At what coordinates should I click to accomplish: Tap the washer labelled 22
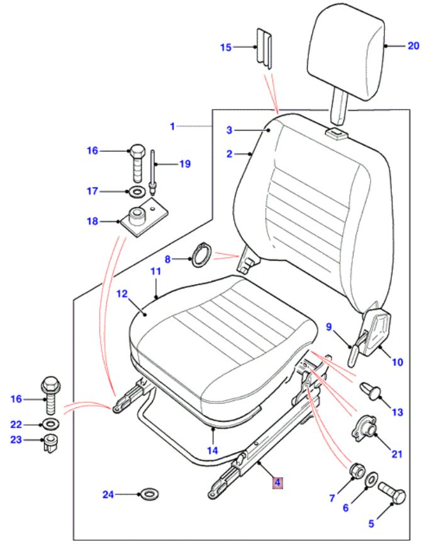51,421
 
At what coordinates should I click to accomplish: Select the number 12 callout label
121,293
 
